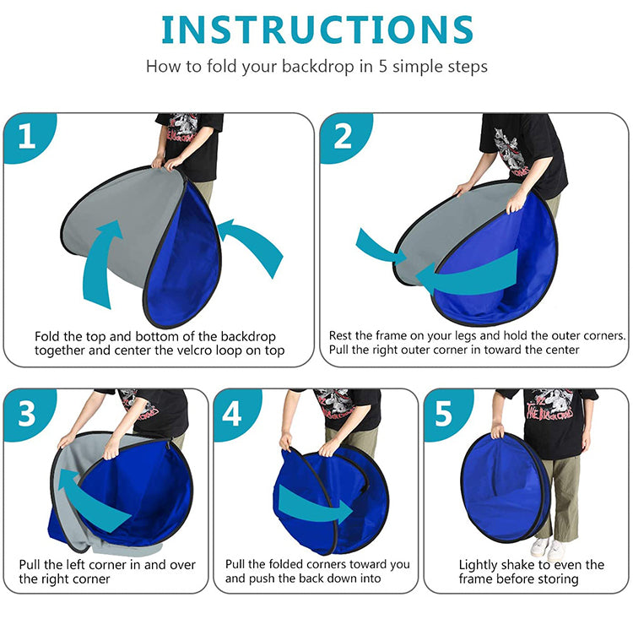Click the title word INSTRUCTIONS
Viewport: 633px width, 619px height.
click(x=317, y=30)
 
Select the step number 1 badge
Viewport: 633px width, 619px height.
click(x=28, y=137)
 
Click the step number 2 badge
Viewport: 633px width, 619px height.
click(x=344, y=137)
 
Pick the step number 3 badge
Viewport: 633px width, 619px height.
click(x=28, y=413)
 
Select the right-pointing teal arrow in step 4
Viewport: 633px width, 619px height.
click(x=316, y=504)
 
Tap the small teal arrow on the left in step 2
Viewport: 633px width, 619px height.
click(x=381, y=247)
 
